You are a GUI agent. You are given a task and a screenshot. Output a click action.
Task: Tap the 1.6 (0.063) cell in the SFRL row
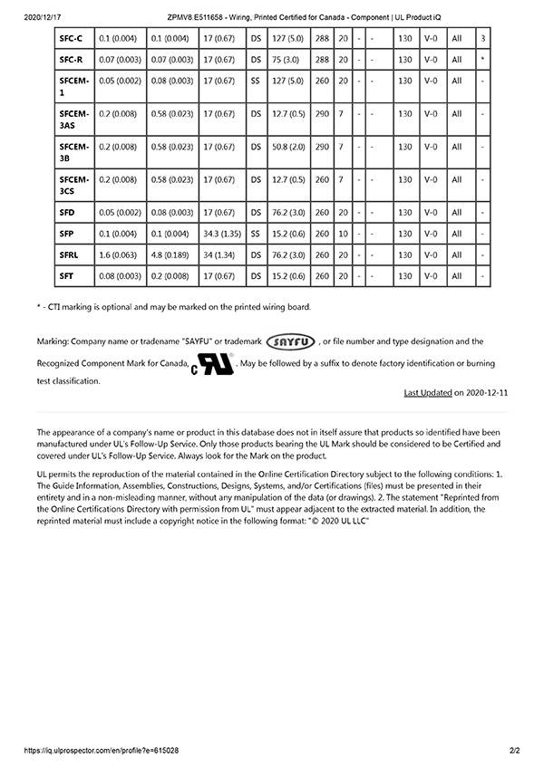click(x=118, y=254)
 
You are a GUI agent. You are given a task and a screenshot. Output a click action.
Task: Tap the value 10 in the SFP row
click(x=342, y=234)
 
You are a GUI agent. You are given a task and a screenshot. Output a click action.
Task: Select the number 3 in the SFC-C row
click(x=483, y=38)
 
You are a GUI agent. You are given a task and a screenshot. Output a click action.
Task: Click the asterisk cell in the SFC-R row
click(x=483, y=59)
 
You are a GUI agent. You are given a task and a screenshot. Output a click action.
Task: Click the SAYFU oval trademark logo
click(x=291, y=341)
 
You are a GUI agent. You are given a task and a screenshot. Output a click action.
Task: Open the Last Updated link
click(x=427, y=392)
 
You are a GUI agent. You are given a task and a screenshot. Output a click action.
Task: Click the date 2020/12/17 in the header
click(x=42, y=17)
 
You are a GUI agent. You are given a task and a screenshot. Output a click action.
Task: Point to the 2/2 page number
click(x=515, y=751)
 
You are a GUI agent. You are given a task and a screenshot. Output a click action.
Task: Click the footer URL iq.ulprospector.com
click(x=101, y=751)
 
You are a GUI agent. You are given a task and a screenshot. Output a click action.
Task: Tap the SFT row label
click(x=67, y=275)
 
